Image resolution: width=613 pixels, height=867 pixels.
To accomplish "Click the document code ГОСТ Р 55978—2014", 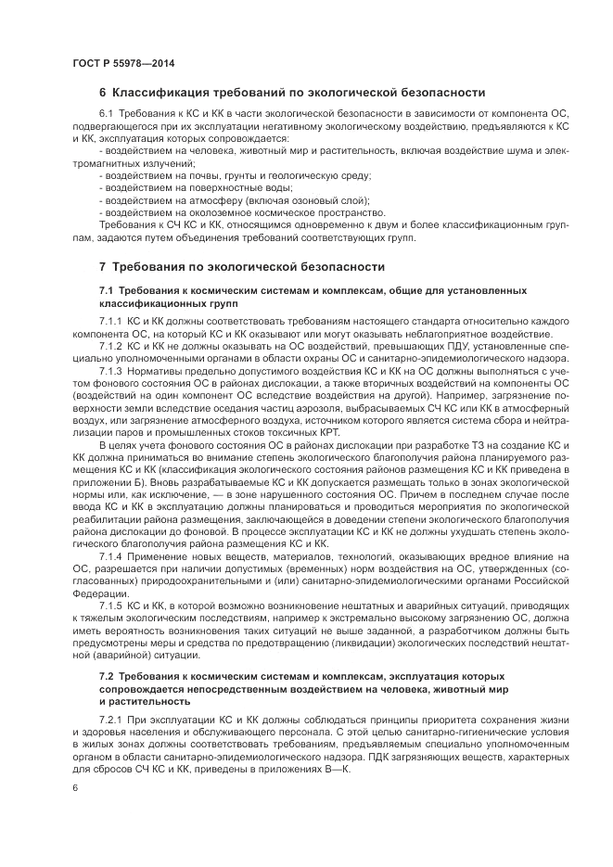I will (122, 62).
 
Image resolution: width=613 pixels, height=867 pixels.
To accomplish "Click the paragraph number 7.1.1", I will (110, 320).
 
